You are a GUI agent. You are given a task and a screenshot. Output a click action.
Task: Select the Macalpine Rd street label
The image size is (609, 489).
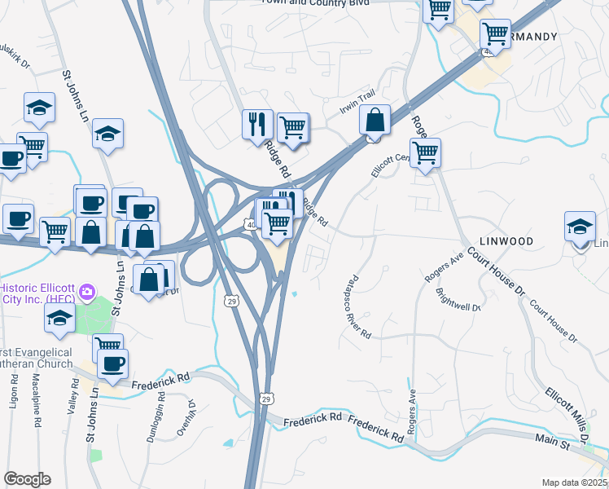(x=36, y=402)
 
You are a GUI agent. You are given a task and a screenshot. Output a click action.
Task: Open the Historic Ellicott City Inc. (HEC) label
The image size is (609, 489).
(x=37, y=293)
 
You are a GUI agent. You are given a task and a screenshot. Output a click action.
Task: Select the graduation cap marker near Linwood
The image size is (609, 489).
(x=580, y=227)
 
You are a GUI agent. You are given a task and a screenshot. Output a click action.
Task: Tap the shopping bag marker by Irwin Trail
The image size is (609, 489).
(x=374, y=121)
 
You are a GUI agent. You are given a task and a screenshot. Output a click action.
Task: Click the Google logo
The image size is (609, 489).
(x=27, y=479)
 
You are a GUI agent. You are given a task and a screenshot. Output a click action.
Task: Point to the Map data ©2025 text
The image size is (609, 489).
(x=574, y=482)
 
